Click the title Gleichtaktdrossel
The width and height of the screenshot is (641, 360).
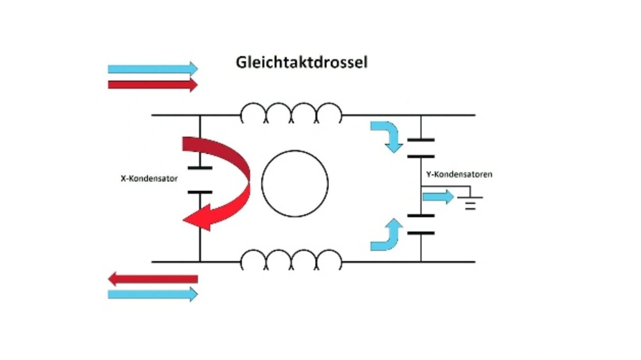point(301,63)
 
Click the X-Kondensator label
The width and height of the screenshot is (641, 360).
point(149,178)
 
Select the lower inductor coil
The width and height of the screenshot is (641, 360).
point(291,260)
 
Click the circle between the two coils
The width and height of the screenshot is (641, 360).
point(295,184)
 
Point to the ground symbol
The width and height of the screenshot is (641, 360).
point(470,202)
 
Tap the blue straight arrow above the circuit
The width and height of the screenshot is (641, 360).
point(153,69)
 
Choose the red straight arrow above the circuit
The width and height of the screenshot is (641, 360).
point(153,85)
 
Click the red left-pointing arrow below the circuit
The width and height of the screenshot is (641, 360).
point(153,279)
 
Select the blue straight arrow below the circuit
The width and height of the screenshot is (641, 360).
point(153,294)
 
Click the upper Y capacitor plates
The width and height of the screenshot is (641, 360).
point(421,148)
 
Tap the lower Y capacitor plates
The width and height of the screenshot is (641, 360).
point(421,224)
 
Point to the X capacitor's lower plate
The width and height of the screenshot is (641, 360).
point(200,192)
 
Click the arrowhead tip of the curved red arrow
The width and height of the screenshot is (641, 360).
point(184,220)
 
